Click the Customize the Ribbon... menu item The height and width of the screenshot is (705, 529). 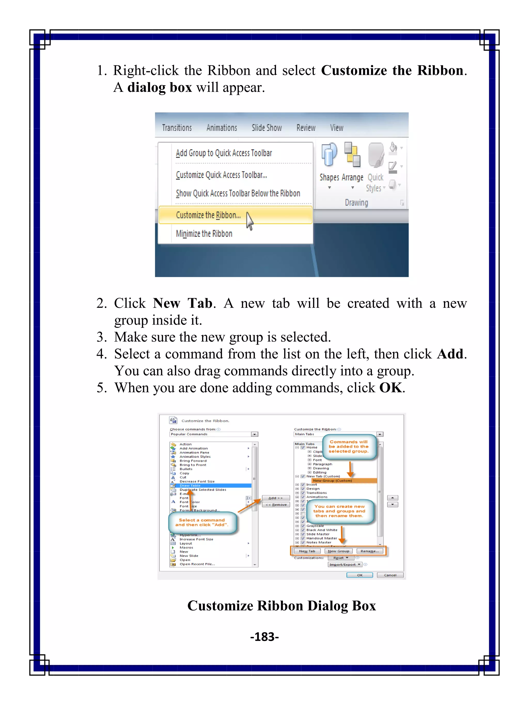click(208, 215)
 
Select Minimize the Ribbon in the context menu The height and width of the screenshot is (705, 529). click(204, 234)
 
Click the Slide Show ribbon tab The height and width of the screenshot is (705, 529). click(267, 128)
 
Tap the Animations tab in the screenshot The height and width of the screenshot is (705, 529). click(222, 128)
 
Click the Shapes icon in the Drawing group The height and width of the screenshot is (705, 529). click(329, 156)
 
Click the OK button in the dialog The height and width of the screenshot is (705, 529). click(359, 575)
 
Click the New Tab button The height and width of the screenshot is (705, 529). click(307, 551)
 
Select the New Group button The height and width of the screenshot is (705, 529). click(338, 551)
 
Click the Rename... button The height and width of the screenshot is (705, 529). click(370, 551)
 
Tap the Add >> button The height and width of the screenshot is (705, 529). click(276, 498)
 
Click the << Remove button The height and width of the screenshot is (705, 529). click(276, 504)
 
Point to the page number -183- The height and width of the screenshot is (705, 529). click(264, 637)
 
